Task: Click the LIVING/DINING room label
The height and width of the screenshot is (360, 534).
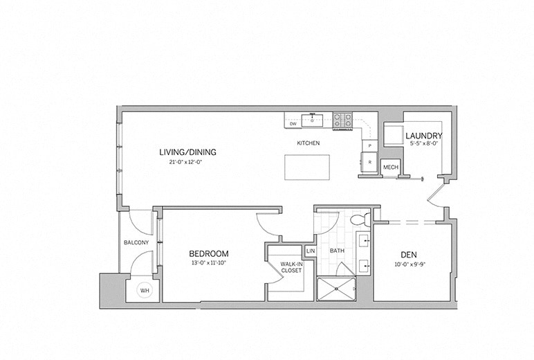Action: [180, 152]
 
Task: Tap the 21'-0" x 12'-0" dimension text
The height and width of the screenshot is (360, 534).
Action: [180, 162]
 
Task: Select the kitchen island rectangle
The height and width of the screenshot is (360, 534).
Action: [306, 167]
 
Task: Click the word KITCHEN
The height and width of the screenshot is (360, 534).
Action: [308, 143]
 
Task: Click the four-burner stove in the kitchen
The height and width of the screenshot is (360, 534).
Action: [343, 121]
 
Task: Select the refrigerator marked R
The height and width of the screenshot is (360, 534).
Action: [369, 163]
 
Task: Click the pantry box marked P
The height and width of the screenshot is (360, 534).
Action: [369, 145]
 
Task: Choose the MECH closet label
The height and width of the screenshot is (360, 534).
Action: [390, 167]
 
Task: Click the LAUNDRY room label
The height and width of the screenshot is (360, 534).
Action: [423, 136]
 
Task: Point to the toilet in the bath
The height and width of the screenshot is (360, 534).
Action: [360, 221]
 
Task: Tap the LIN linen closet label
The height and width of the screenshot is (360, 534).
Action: [311, 251]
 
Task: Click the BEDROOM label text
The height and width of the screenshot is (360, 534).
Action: [208, 254]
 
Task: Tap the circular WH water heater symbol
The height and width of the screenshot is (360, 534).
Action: [145, 291]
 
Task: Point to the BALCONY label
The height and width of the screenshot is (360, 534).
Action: [136, 242]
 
